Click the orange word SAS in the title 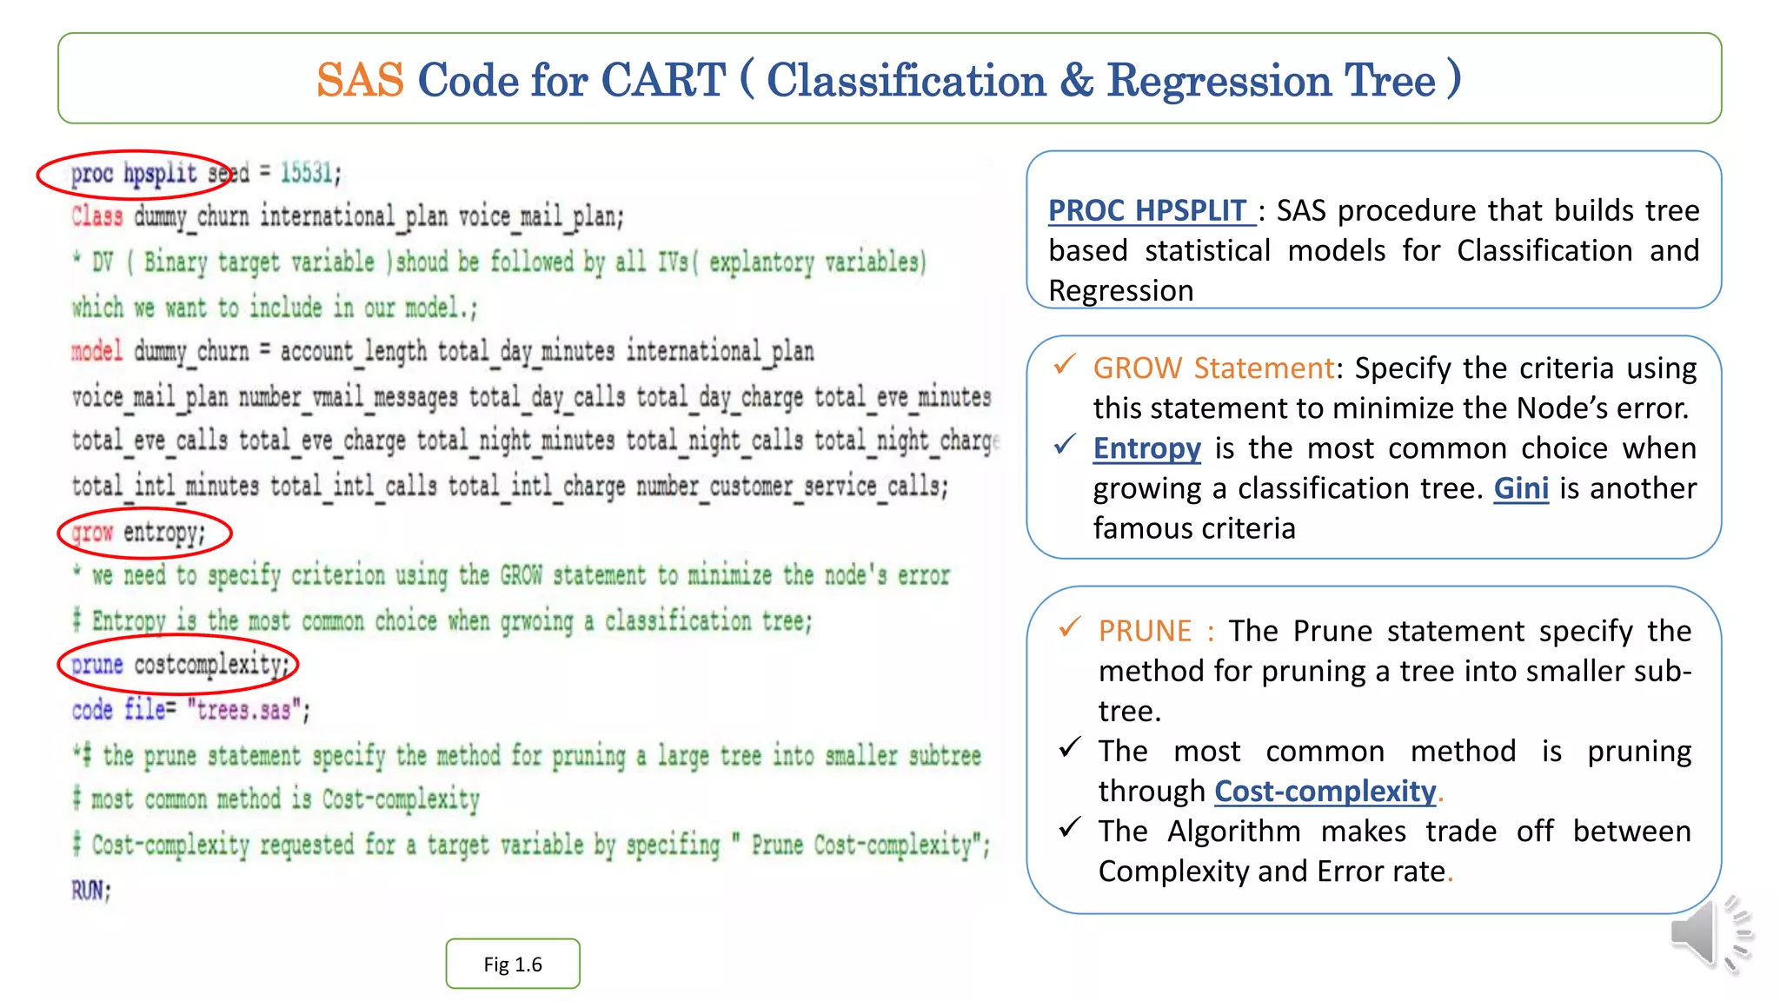pyautogui.click(x=360, y=81)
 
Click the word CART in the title pyautogui.click(x=662, y=81)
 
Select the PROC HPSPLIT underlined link pyautogui.click(x=1149, y=211)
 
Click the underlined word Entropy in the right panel pyautogui.click(x=1146, y=448)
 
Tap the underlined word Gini pyautogui.click(x=1520, y=488)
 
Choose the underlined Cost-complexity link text pyautogui.click(x=1325, y=791)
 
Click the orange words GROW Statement pyautogui.click(x=1213, y=368)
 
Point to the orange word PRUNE pyautogui.click(x=1145, y=631)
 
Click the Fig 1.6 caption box pyautogui.click(x=513, y=964)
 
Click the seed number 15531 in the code pyautogui.click(x=306, y=173)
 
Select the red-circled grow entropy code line pyautogui.click(x=144, y=533)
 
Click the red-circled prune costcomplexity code pyautogui.click(x=179, y=665)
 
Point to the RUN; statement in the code pyautogui.click(x=91, y=891)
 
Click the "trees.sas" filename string pyautogui.click(x=244, y=711)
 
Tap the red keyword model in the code pyautogui.click(x=96, y=351)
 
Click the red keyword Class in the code pyautogui.click(x=96, y=216)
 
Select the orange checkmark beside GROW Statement pyautogui.click(x=1065, y=365)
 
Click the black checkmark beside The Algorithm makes pyautogui.click(x=1069, y=827)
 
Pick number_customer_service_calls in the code pyautogui.click(x=790, y=487)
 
